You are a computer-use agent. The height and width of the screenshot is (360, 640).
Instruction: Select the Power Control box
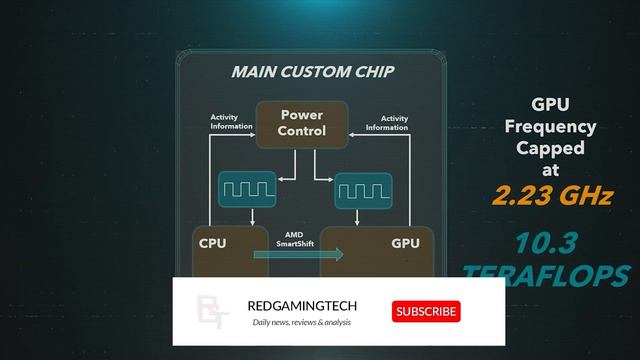point(301,123)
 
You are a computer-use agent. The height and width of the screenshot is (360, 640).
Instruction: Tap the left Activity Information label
point(230,122)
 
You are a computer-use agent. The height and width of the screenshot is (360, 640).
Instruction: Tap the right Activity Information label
point(386,122)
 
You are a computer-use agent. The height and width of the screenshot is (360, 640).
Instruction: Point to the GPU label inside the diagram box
point(405,243)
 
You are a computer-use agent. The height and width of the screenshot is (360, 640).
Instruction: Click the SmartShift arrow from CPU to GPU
point(297,255)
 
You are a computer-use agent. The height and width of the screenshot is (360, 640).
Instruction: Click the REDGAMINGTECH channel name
point(301,306)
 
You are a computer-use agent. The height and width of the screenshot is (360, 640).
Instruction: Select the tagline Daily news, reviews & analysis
point(301,322)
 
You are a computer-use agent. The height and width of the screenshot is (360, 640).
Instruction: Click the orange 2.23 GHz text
point(551,196)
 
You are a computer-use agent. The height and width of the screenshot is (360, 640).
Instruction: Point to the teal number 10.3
point(549,243)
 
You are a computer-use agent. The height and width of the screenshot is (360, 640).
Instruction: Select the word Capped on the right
point(550,148)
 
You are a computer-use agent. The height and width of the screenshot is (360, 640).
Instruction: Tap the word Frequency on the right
point(550,126)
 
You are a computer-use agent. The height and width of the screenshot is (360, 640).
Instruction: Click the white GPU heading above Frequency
point(550,104)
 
